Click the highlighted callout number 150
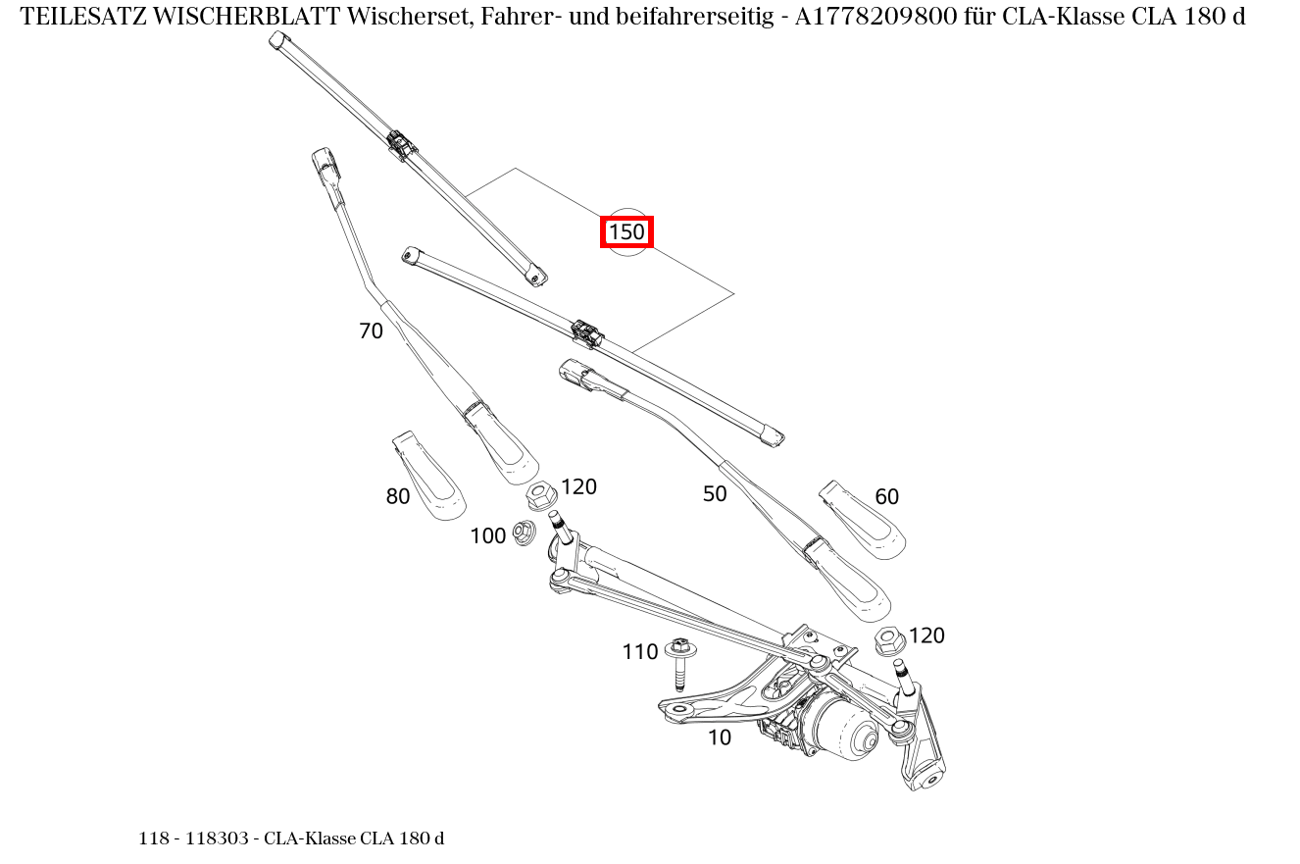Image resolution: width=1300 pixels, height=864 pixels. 626,232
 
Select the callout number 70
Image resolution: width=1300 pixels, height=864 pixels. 371,331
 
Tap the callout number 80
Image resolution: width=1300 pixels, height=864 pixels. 397,497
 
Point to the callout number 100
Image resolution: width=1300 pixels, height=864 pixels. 487,535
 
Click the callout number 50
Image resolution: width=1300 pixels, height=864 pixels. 715,494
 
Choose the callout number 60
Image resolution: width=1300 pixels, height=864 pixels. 886,497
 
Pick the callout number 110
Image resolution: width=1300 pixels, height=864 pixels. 639,652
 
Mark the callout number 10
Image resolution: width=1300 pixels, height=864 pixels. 720,737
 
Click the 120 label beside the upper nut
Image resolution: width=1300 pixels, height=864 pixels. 578,486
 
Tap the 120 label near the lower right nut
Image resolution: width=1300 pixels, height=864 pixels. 926,635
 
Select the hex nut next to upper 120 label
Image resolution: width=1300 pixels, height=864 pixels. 540,495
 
